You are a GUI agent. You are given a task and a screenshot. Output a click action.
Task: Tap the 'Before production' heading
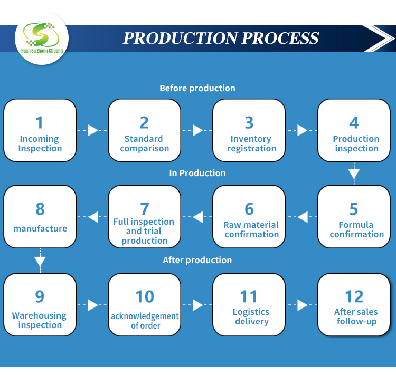[197, 88]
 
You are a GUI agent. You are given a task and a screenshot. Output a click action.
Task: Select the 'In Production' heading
[197, 173]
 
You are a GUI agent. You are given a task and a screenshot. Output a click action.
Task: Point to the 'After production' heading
[197, 260]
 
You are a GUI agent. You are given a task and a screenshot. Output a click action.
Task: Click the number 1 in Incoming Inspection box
[40, 123]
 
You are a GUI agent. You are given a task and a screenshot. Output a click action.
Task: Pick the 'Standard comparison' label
[144, 143]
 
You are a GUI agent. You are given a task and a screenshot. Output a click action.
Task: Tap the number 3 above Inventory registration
[249, 123]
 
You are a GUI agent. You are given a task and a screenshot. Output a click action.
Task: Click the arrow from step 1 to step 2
[92, 130]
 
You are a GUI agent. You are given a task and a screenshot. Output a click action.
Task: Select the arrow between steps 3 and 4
[302, 130]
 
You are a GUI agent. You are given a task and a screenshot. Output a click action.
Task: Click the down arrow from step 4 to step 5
[354, 174]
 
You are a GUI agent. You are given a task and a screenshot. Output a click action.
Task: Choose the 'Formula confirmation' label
[356, 229]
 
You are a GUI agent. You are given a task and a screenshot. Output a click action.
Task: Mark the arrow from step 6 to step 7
[197, 216]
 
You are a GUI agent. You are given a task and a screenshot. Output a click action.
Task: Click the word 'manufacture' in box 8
[40, 228]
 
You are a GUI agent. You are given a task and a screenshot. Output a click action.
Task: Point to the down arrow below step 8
[40, 261]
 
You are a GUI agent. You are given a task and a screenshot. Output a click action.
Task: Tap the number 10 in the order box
[144, 297]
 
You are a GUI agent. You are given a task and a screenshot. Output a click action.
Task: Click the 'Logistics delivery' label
[251, 316]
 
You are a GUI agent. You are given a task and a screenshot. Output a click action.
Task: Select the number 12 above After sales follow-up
[354, 297]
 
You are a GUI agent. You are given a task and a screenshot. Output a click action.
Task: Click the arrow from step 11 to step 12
[302, 304]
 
